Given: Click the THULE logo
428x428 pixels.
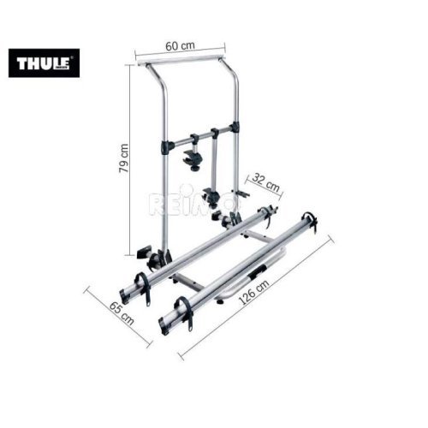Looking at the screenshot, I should tap(44, 62).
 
